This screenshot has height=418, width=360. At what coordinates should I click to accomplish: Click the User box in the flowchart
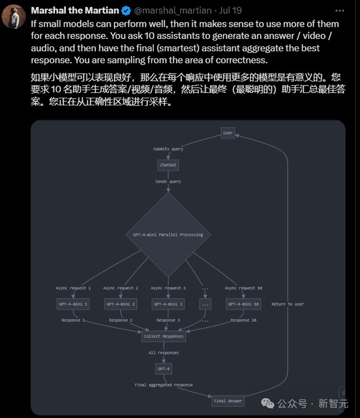[228, 133]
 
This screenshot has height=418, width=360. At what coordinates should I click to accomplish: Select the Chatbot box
[168, 165]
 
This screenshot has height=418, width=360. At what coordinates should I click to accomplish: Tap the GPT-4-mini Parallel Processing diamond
[168, 235]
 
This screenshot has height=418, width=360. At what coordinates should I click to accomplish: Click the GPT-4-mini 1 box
[73, 304]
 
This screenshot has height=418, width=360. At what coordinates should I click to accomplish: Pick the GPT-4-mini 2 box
[121, 304]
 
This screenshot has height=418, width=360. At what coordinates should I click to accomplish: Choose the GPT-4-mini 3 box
[168, 304]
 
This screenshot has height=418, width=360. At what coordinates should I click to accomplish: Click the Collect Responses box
[164, 337]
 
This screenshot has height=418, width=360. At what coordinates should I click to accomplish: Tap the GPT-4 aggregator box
[164, 369]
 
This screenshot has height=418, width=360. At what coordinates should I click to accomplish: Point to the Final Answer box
[227, 401]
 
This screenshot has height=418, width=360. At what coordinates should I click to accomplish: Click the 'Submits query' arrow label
[168, 148]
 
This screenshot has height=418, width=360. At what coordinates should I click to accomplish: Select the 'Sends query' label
[168, 181]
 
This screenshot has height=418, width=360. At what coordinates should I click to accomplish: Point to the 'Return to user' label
[287, 304]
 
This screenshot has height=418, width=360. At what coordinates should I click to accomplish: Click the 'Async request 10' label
[243, 288]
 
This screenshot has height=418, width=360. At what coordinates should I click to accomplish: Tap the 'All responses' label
[164, 353]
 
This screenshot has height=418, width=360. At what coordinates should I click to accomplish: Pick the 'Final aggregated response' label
[164, 385]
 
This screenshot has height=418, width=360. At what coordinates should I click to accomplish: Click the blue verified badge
[125, 10]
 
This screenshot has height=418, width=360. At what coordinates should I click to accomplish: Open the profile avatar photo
[14, 16]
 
